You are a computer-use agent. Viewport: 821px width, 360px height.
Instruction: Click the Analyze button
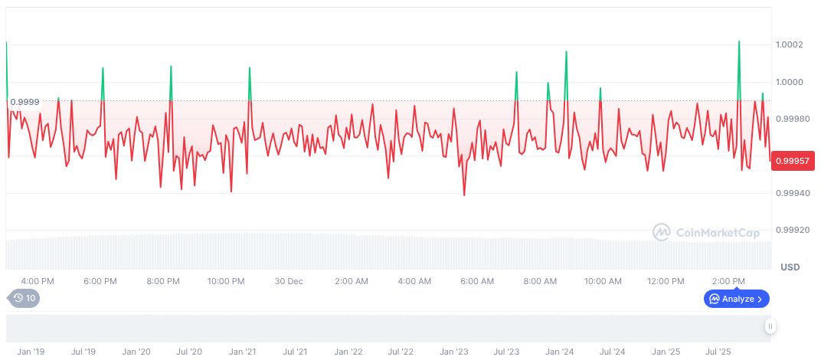click(736, 299)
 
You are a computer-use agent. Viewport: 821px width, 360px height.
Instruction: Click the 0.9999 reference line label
click(25, 102)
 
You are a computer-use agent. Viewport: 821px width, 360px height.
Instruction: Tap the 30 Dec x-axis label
click(289, 281)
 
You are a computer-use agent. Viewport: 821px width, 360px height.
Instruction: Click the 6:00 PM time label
click(100, 281)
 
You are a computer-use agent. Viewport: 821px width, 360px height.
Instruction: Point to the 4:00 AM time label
click(414, 281)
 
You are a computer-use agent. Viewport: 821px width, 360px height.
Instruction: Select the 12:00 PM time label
click(666, 281)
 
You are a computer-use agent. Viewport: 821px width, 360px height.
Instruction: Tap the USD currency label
click(790, 267)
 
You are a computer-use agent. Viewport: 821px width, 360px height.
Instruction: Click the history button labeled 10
click(24, 299)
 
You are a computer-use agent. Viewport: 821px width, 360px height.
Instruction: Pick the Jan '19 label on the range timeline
click(31, 352)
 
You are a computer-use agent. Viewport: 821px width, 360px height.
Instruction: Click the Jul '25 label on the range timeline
click(718, 352)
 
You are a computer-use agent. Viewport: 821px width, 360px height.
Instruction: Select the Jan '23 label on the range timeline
click(453, 352)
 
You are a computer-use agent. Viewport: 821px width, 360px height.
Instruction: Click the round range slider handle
click(770, 326)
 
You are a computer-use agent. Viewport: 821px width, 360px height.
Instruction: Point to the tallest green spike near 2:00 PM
click(739, 42)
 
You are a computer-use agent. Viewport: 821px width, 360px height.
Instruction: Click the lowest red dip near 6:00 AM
click(464, 195)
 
